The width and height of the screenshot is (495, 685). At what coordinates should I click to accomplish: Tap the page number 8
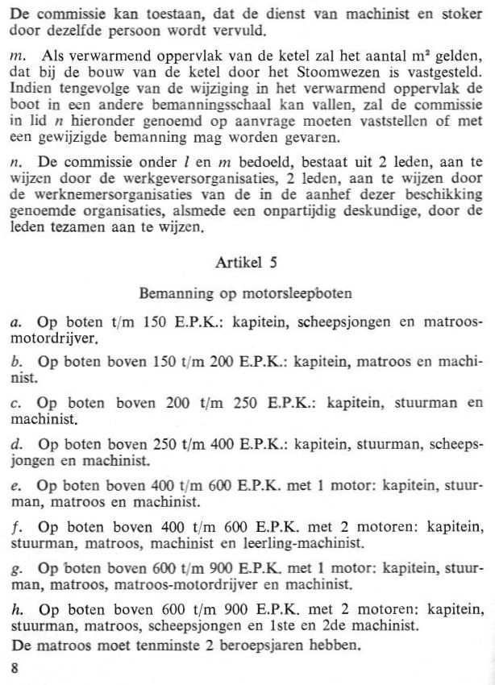(14, 667)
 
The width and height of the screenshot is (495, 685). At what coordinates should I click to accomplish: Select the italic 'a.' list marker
(15, 323)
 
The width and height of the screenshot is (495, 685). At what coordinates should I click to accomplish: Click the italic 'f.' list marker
(15, 528)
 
